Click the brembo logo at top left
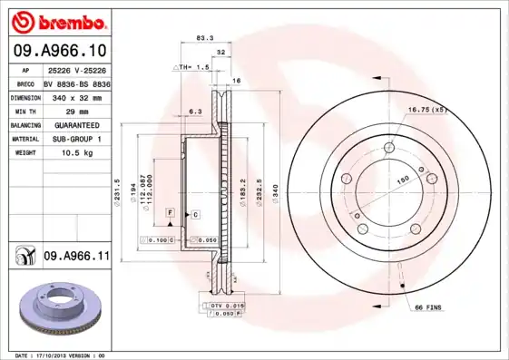[57, 20]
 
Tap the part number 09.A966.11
[76, 257]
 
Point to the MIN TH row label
[24, 111]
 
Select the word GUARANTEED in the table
[76, 125]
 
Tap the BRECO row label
[26, 83]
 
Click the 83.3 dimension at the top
[205, 38]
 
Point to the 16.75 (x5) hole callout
[427, 110]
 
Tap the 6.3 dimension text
[194, 112]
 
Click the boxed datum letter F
[169, 211]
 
